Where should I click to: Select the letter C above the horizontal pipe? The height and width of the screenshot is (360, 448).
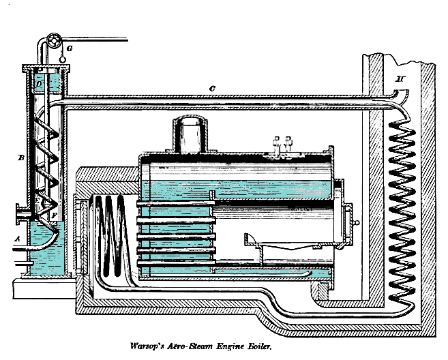[x=213, y=88]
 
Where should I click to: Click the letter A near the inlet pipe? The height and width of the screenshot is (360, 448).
[x=17, y=239]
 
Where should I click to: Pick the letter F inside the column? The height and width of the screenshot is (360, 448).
[x=54, y=215]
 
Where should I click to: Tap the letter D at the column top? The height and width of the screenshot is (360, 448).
[x=40, y=83]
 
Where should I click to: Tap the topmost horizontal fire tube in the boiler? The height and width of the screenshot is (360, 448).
[x=177, y=203]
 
